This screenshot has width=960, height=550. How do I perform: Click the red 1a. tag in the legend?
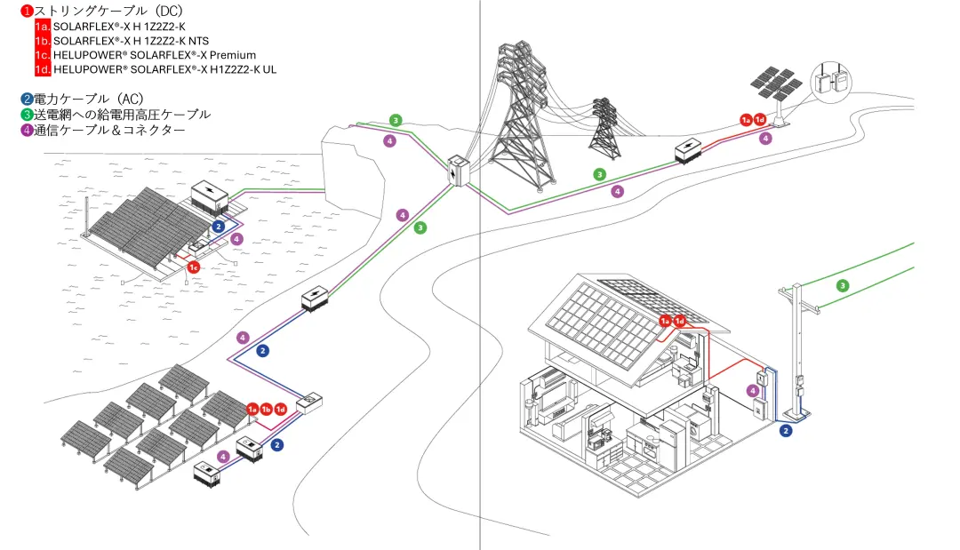43,27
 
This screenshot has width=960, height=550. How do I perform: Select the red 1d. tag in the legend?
43,68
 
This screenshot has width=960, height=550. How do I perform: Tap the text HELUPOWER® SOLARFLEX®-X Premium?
155,55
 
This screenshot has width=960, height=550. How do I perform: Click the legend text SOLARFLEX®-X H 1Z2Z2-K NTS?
132,41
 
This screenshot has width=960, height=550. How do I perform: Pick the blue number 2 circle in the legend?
27,99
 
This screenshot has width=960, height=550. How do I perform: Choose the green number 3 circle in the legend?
27,115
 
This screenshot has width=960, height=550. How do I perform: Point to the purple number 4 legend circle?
27,131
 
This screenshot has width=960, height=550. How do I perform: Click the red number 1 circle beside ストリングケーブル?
27,11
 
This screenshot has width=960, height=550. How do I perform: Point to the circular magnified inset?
840,82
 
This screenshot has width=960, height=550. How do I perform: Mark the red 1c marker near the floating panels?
193,267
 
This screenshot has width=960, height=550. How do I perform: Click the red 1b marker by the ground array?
267,409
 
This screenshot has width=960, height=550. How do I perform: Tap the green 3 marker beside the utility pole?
843,286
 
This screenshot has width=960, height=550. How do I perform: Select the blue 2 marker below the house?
786,431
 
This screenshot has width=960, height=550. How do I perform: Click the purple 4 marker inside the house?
753,390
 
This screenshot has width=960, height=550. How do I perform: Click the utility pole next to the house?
797,347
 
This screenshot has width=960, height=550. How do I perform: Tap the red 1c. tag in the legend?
43,55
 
